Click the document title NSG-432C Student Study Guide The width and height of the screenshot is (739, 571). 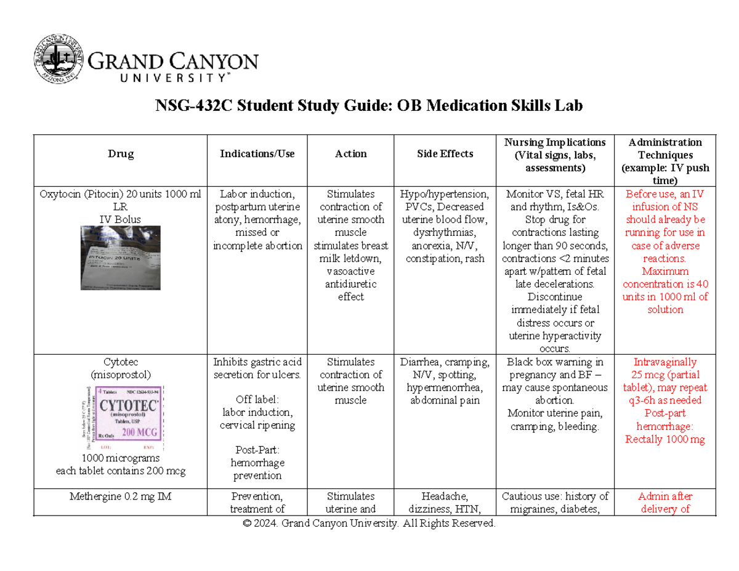tap(369, 107)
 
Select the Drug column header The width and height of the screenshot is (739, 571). tap(121, 155)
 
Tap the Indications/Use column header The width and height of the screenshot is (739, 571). tap(257, 154)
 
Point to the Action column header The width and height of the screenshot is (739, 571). tap(351, 154)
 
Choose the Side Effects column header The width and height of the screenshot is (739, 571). tap(445, 154)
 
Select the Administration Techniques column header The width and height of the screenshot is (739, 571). tap(665, 161)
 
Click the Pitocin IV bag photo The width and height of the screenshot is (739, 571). tap(121, 257)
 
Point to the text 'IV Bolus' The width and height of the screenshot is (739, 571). tap(121, 219)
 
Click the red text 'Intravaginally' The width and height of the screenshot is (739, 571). tap(665, 362)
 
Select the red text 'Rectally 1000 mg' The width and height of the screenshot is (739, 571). tap(665, 439)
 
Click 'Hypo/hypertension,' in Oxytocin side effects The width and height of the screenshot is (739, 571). tap(445, 194)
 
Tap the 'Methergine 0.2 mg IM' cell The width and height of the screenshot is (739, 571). tap(121, 496)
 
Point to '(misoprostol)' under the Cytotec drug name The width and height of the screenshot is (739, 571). tap(121, 375)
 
